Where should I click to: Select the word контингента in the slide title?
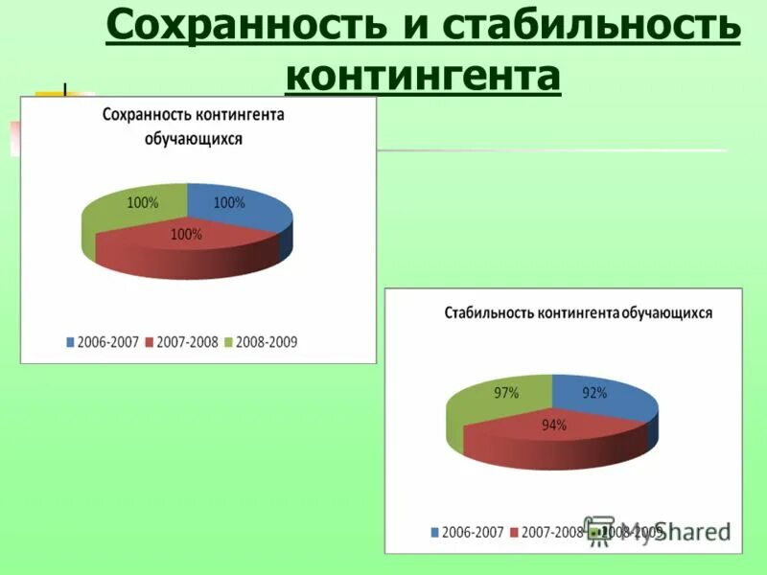click(423, 77)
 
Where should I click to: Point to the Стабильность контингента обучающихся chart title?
click(578, 313)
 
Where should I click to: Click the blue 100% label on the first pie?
click(229, 203)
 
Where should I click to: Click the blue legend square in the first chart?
click(70, 342)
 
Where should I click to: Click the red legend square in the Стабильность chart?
click(514, 532)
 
